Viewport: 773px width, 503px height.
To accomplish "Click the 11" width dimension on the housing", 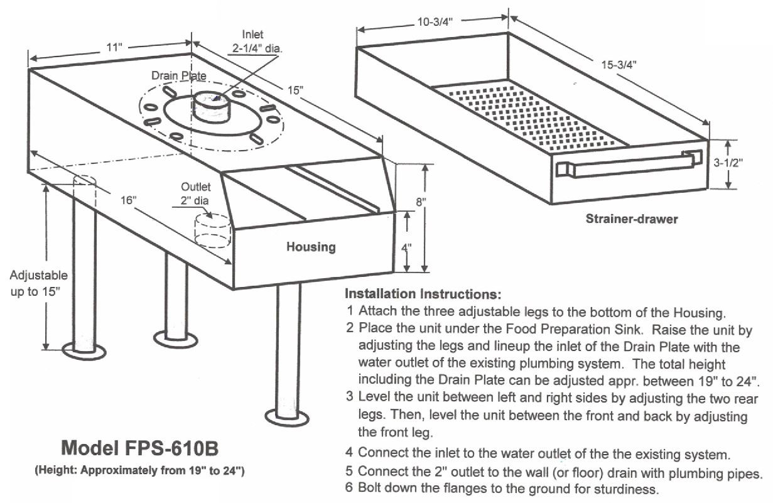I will pos(114,48).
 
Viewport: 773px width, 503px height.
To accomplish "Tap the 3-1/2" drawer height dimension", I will pos(728,161).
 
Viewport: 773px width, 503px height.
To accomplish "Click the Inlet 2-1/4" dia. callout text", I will pos(253,41).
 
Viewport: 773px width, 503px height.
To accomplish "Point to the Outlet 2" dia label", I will pos(196,193).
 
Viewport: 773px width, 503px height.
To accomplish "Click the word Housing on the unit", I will pos(311,247).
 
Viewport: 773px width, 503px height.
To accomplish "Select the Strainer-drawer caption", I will pos(631,219).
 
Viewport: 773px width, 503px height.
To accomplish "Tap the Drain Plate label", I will pos(178,75).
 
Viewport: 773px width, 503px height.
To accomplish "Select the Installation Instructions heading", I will pos(423,293).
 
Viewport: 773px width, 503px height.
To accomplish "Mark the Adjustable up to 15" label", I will pos(39,283).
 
